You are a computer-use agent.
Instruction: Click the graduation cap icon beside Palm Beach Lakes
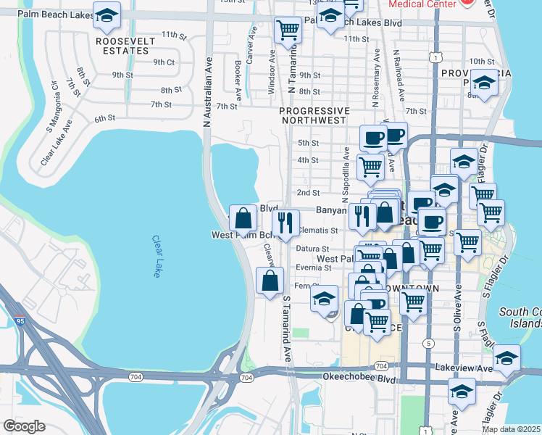click(x=107, y=18)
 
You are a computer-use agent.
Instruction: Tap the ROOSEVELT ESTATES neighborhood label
click(x=125, y=46)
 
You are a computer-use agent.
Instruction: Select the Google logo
click(x=24, y=426)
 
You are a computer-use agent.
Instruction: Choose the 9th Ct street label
click(x=164, y=62)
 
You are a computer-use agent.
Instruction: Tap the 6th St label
click(x=104, y=118)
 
